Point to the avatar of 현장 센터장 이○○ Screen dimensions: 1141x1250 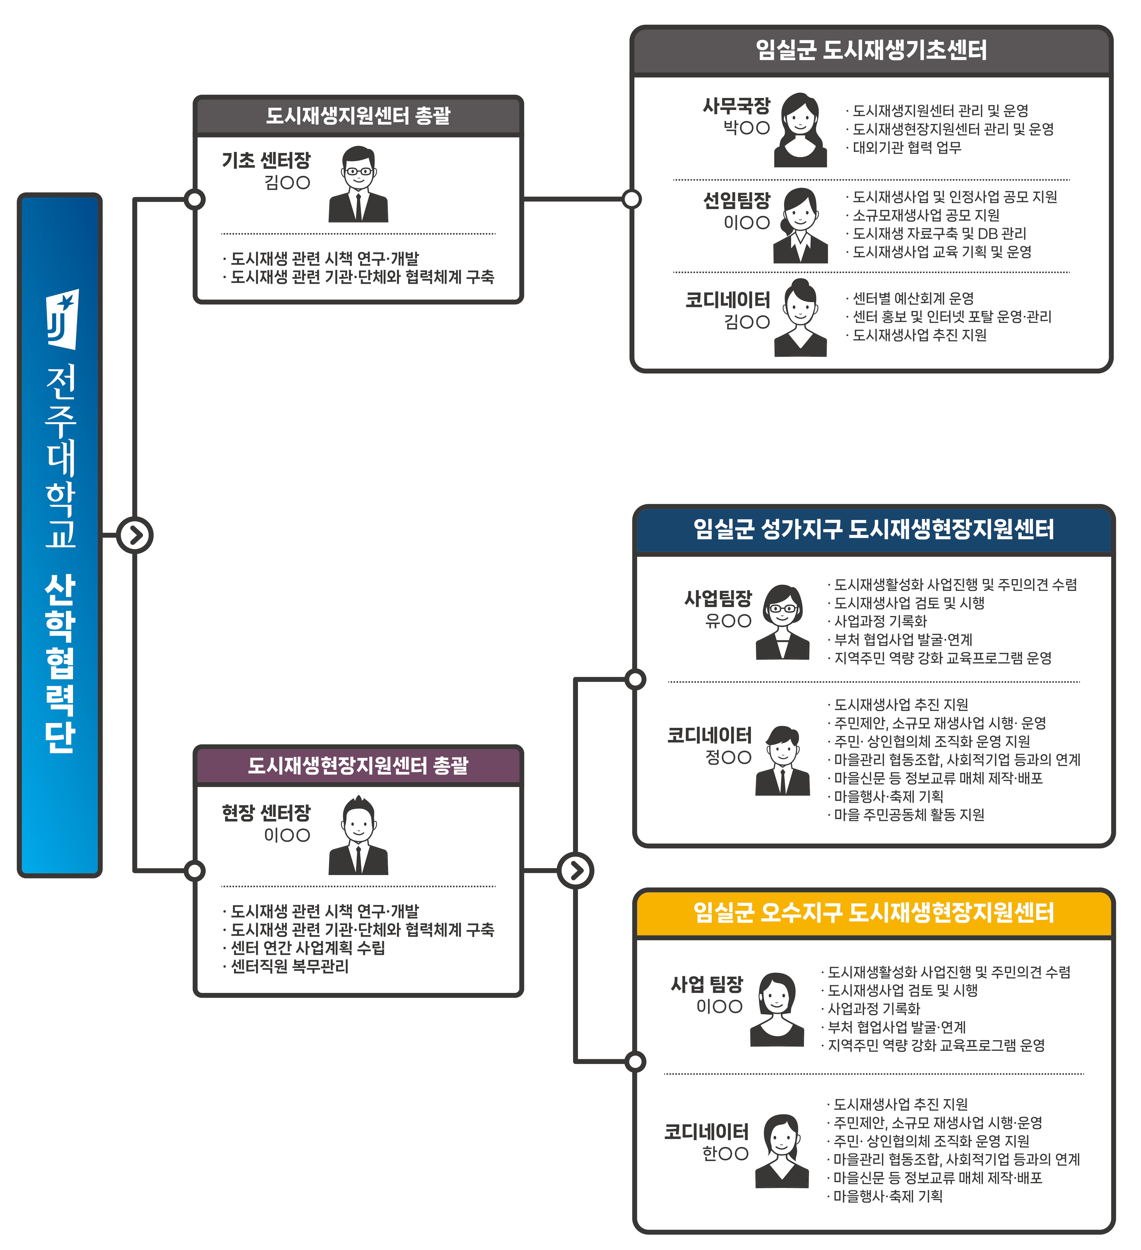(x=358, y=835)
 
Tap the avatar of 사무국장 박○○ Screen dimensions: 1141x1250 (x=801, y=130)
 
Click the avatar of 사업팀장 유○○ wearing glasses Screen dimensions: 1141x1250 (x=783, y=622)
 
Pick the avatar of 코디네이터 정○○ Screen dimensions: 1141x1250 (x=783, y=760)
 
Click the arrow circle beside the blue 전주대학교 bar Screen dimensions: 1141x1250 (x=135, y=535)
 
